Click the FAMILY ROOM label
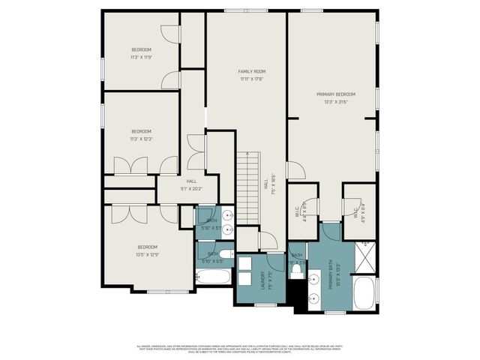[x=252, y=71]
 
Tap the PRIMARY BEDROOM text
[x=335, y=94]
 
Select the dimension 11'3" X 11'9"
[x=141, y=57]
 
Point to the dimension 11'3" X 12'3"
[x=141, y=139]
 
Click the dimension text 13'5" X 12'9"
[x=147, y=254]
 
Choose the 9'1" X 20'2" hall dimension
[x=191, y=189]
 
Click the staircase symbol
[x=248, y=187]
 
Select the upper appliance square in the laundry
[x=244, y=264]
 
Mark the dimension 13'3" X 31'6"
[x=335, y=102]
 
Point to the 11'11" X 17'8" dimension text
[x=252, y=79]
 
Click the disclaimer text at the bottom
[x=240, y=349]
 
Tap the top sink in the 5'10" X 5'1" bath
[x=228, y=215]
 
